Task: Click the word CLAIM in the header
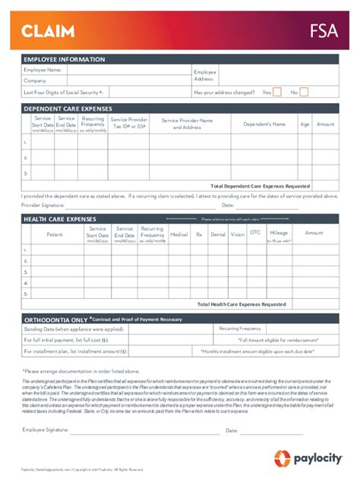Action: point(47,31)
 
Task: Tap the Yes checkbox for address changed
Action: point(277,92)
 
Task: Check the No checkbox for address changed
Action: point(304,92)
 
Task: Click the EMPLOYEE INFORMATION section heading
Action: point(64,59)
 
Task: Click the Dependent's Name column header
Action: point(264,124)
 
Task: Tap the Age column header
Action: point(305,124)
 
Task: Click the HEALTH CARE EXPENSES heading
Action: point(60,219)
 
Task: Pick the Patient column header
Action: point(55,234)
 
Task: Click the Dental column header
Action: point(218,234)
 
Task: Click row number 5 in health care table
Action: point(26,293)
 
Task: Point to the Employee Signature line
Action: point(144,431)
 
